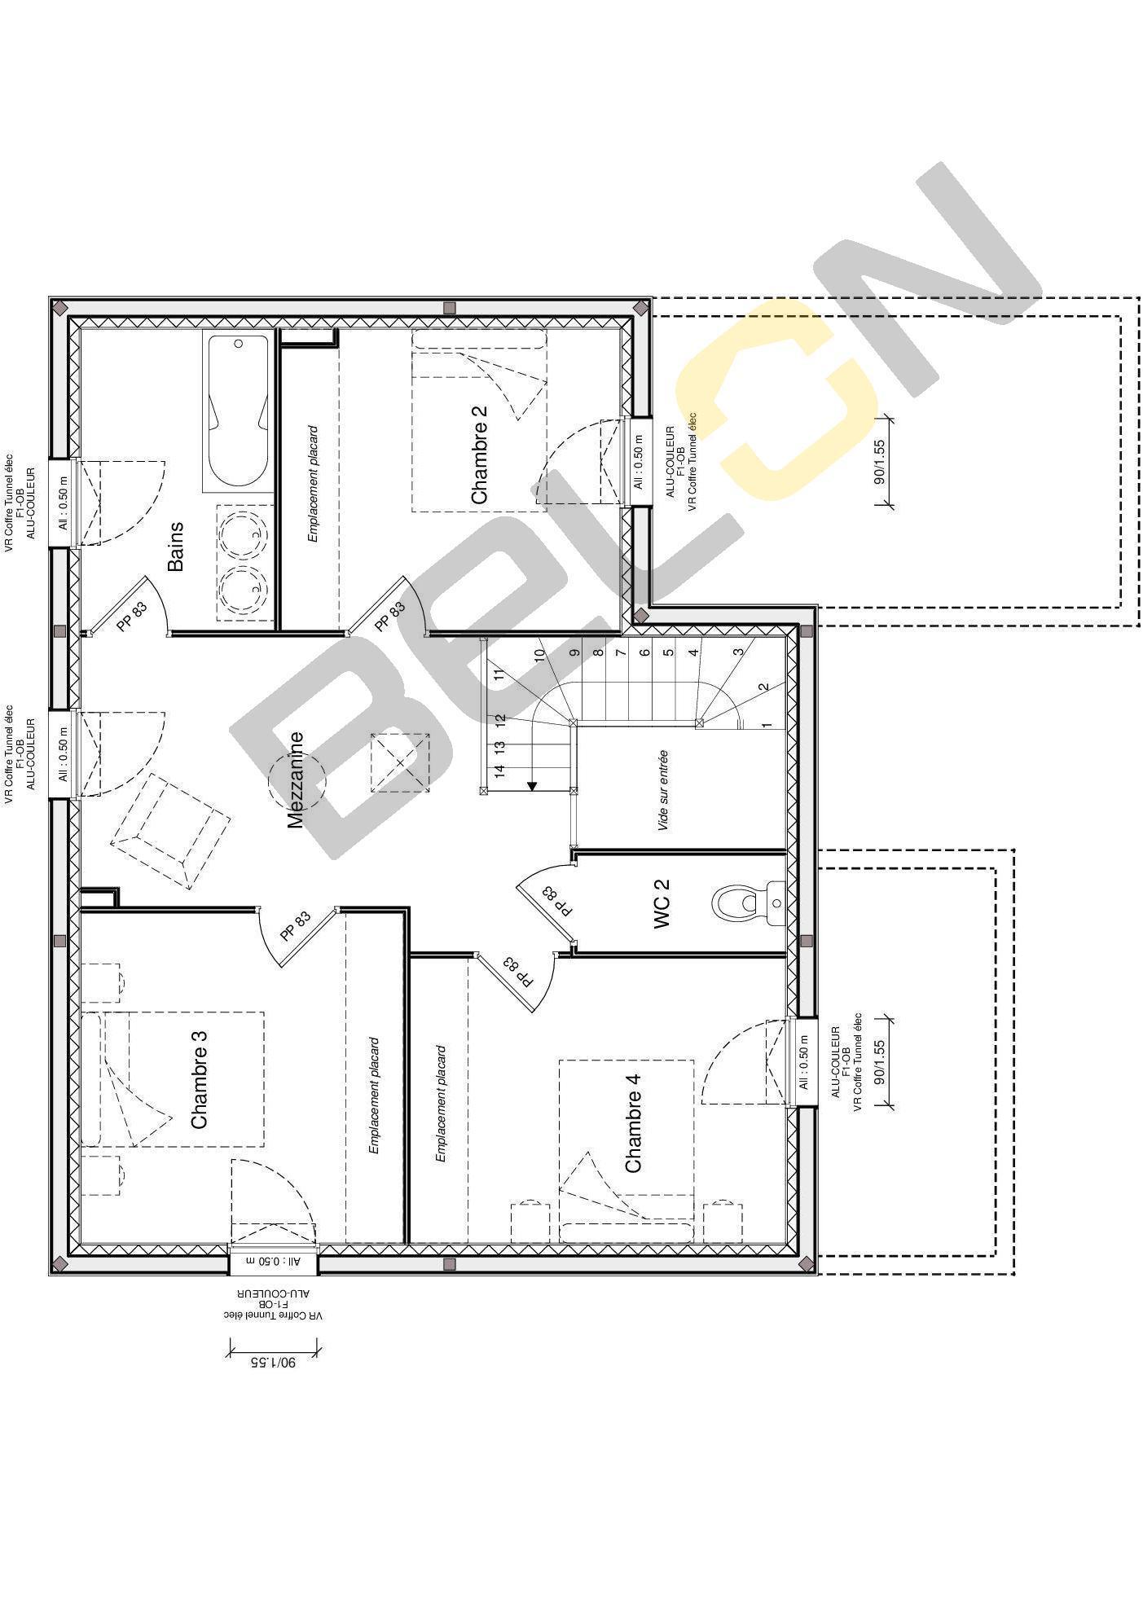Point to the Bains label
coord(175,547)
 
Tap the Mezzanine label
coord(295,779)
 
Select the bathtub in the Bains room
coord(237,411)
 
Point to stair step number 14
coord(500,770)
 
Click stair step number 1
coord(766,724)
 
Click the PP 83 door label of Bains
coord(132,616)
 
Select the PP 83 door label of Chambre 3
coord(295,926)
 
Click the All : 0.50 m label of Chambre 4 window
coord(804,1062)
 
